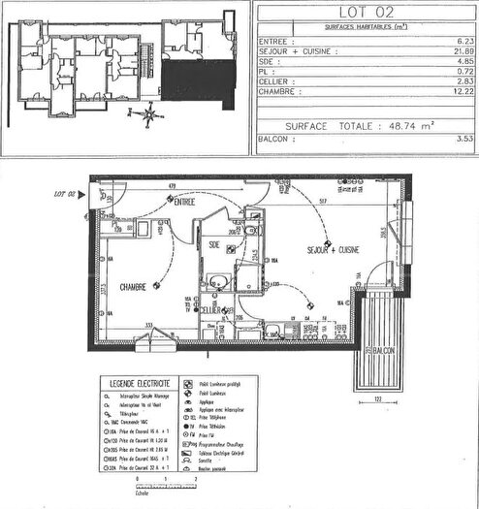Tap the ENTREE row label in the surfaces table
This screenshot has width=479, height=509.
(276, 41)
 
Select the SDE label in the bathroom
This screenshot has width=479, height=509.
(213, 245)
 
